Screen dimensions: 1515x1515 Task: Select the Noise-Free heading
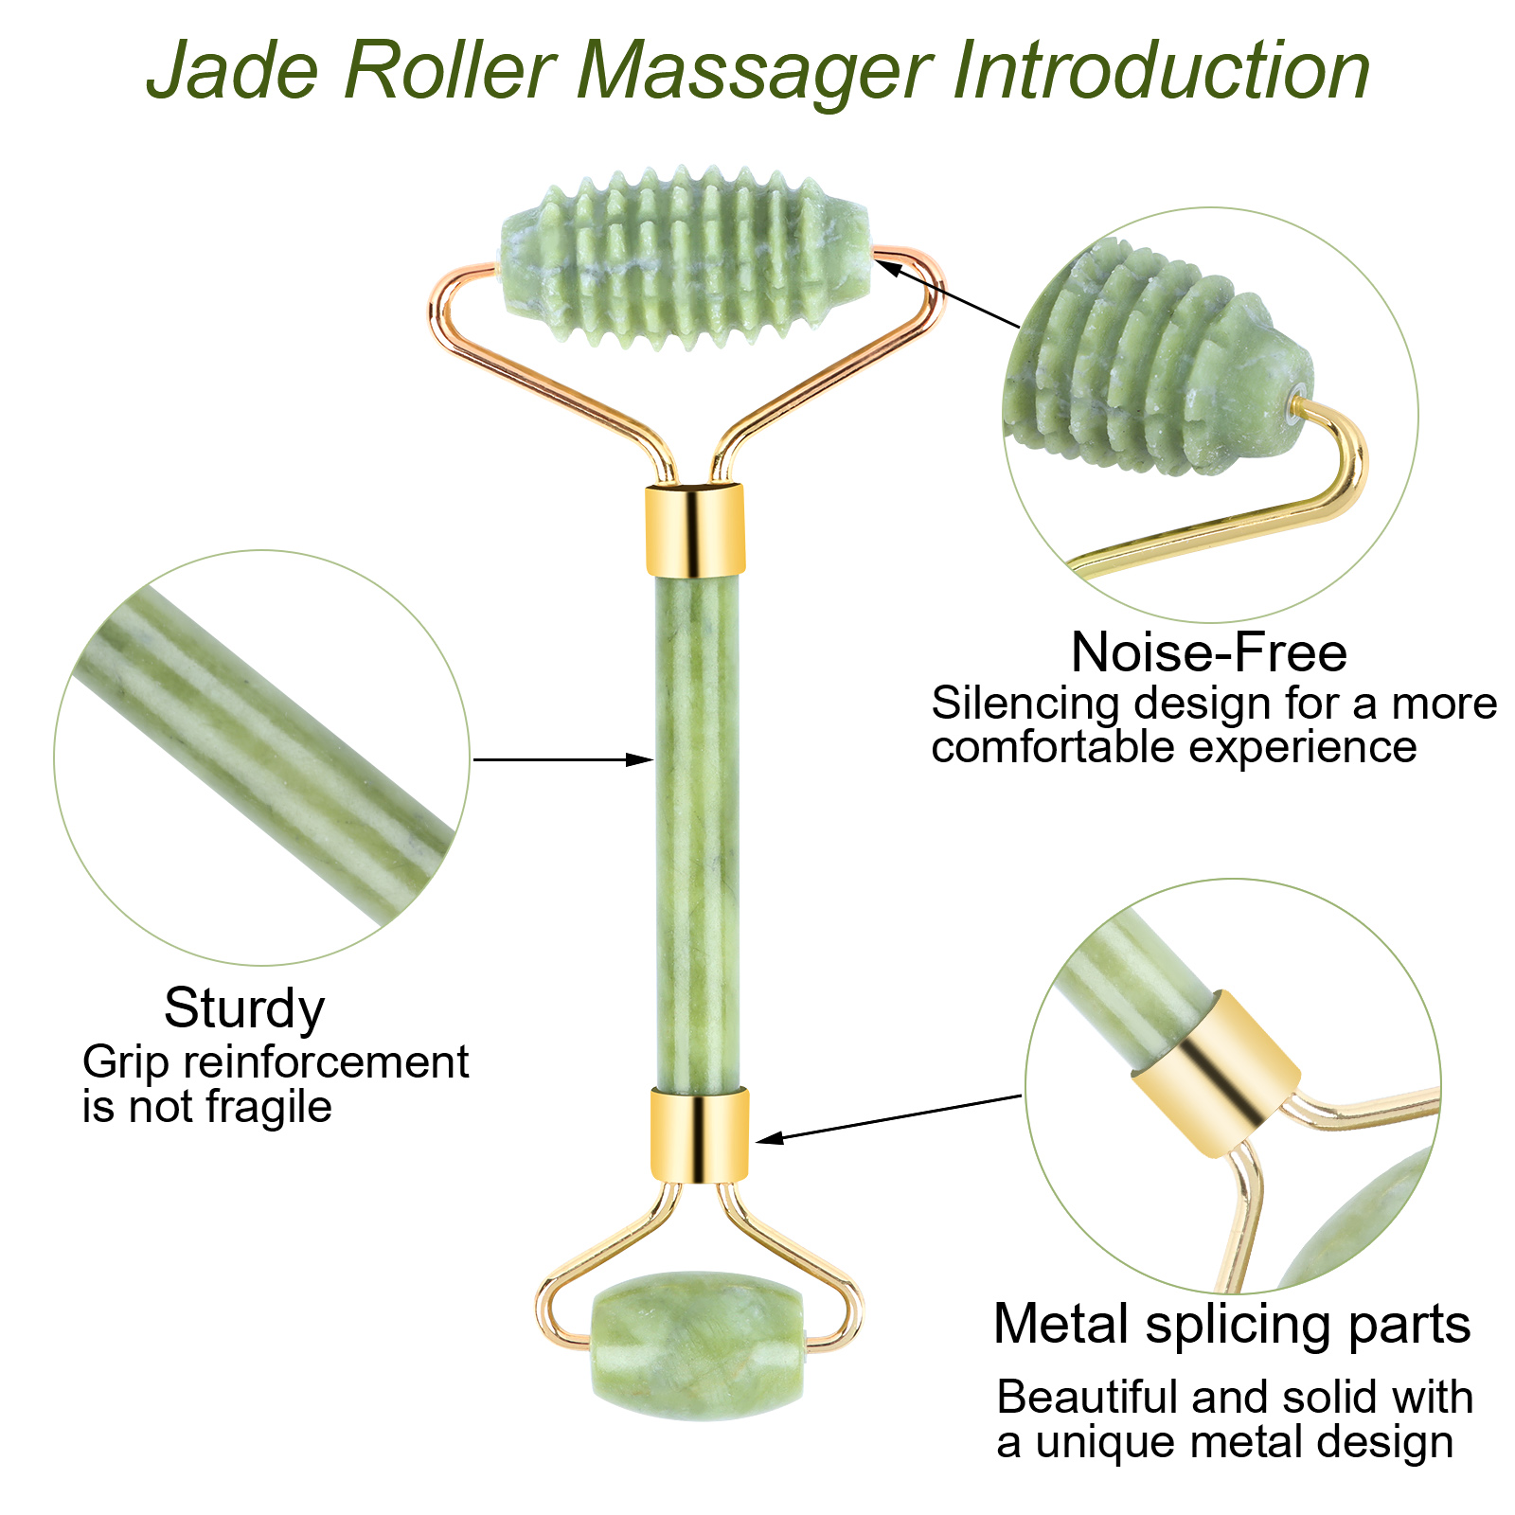pyautogui.click(x=1208, y=652)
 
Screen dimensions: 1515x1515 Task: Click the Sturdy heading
pyautogui.click(x=244, y=1008)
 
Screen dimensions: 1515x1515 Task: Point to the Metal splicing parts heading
pyautogui.click(x=1232, y=1324)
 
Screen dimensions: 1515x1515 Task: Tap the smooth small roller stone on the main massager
pyautogui.click(x=698, y=1346)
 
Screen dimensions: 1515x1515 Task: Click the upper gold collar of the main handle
pyautogui.click(x=695, y=529)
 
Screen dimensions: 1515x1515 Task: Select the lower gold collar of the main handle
pyautogui.click(x=699, y=1134)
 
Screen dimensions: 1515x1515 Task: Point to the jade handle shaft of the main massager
pyautogui.click(x=698, y=833)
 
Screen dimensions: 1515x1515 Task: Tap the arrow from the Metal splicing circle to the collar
pyautogui.click(x=890, y=1117)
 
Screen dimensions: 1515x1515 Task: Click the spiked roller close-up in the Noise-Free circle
pyautogui.click(x=1155, y=365)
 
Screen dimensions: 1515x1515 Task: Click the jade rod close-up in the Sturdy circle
pyautogui.click(x=265, y=757)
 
